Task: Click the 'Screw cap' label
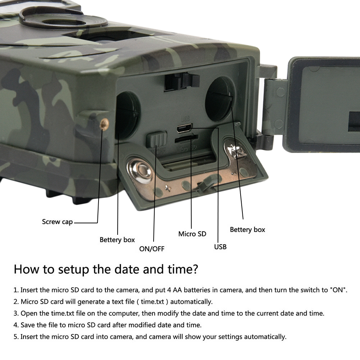pos(58,222)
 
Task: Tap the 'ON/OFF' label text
pos(152,249)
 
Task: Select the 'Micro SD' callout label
pos(192,234)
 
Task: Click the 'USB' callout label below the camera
pos(220,247)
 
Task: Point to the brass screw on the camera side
pos(104,124)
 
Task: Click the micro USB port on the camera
pos(184,128)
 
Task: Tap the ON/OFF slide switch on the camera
pos(156,139)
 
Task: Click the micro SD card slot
pos(186,138)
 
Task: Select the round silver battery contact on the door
pos(140,171)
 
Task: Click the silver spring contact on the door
pos(234,149)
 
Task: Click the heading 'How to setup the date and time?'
pos(106,269)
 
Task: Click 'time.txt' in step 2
pos(152,301)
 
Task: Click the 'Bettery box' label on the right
pos(247,229)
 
